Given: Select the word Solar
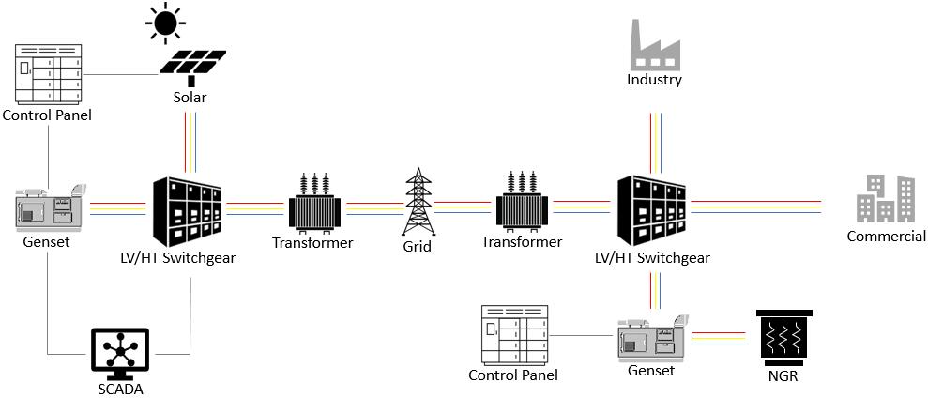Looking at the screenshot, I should tap(190, 98).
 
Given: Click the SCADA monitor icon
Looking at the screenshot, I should tap(120, 352).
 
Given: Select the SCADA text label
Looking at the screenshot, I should tap(120, 388).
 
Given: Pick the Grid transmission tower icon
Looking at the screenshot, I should tap(418, 202).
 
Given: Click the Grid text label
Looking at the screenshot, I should tap(418, 247).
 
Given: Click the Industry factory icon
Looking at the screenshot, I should tap(654, 41).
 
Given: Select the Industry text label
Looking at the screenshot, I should tap(654, 80).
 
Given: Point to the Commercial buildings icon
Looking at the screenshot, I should tap(886, 199).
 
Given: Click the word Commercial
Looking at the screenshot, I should tap(886, 237).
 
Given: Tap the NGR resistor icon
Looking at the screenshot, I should tap(785, 336).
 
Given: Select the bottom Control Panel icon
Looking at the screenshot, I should tap(512, 334).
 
